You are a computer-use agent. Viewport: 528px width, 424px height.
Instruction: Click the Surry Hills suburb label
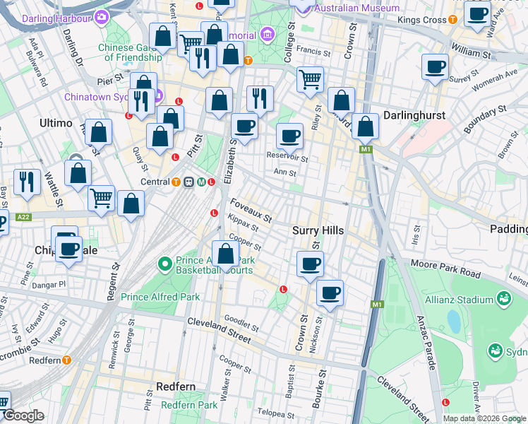(x=318, y=231)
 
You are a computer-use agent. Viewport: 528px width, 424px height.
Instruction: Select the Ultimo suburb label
(x=56, y=123)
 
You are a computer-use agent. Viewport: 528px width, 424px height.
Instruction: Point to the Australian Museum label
(x=356, y=8)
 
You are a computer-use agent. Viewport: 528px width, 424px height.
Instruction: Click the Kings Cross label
(x=422, y=20)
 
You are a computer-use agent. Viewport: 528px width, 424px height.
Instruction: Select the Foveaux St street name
(x=251, y=210)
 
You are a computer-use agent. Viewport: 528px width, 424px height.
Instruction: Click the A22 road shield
(x=23, y=217)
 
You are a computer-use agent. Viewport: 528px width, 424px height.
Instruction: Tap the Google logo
(x=23, y=416)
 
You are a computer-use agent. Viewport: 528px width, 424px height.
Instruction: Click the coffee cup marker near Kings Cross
(x=478, y=14)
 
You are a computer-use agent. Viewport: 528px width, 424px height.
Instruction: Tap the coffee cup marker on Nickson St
(x=329, y=293)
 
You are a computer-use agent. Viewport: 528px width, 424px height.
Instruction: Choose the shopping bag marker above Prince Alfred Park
(x=225, y=253)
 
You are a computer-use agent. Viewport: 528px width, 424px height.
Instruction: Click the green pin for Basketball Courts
(x=164, y=265)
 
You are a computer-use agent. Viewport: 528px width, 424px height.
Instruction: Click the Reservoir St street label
(x=287, y=156)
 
